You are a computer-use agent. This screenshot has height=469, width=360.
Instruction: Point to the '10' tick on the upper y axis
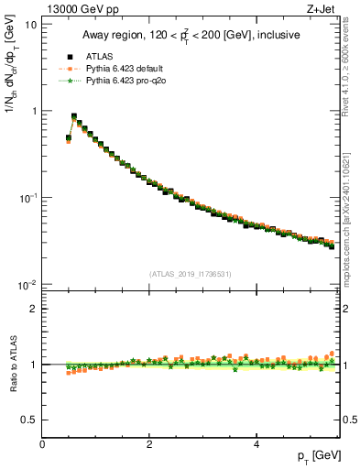click(x=29, y=24)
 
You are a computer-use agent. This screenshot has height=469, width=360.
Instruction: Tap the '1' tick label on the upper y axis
click(x=33, y=111)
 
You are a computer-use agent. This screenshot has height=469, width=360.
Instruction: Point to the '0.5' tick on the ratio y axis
click(x=29, y=420)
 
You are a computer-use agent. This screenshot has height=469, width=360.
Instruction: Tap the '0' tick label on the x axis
click(x=42, y=444)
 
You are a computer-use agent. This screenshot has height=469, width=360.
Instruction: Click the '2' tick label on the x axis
click(x=149, y=444)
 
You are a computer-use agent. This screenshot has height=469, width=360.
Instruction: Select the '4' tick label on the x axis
click(x=256, y=444)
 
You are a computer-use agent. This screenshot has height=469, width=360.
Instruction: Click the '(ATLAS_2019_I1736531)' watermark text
click(x=191, y=274)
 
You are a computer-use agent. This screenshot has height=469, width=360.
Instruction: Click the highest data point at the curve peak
click(x=74, y=116)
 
